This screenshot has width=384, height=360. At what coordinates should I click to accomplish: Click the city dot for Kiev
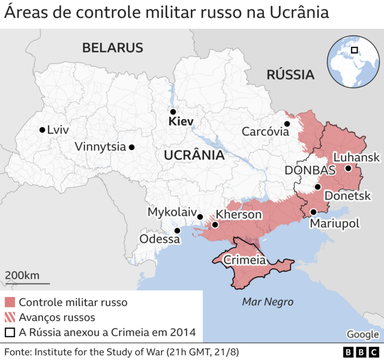tap(173, 112)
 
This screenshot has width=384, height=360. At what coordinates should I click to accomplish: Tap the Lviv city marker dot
tap(41, 130)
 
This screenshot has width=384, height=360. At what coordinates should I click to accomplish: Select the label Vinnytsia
tap(100, 146)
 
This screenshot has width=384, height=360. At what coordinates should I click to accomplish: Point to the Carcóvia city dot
tap(287, 124)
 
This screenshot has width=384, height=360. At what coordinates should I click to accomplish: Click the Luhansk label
tap(356, 157)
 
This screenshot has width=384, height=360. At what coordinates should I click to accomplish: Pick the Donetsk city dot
tap(317, 187)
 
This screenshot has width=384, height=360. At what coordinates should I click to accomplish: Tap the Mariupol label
tap(334, 223)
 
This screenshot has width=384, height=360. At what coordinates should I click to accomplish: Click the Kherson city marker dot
tap(215, 225)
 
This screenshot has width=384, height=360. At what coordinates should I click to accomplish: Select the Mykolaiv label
tap(172, 212)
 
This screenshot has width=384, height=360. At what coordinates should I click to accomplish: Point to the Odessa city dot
tap(177, 230)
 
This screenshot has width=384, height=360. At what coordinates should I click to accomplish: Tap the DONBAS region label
tap(310, 170)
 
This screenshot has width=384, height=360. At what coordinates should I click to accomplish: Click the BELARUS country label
tap(113, 48)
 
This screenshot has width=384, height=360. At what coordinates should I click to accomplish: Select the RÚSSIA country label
tap(290, 75)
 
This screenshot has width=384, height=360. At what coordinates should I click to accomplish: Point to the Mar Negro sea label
tap(267, 302)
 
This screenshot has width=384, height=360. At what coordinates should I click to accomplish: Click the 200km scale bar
tap(27, 283)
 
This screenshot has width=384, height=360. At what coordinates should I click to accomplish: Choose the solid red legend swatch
tap(10, 302)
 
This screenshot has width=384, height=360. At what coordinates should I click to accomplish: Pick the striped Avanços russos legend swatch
tap(10, 317)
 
